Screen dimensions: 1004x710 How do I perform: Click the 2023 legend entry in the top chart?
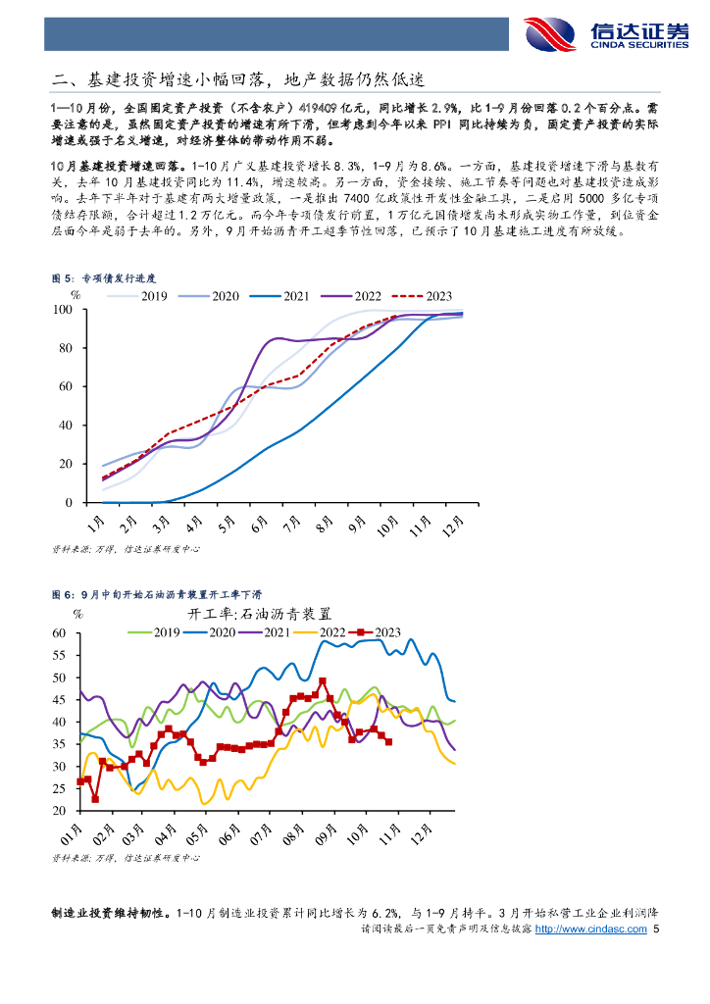pos(432,295)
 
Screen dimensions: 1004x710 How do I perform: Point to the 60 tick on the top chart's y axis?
pos(67,386)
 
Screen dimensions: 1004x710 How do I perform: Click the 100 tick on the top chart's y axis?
pos(63,310)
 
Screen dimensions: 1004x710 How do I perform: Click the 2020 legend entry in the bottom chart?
pos(225,632)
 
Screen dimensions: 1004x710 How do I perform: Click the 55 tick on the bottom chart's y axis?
pos(59,655)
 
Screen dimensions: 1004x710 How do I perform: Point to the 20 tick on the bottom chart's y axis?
pos(59,811)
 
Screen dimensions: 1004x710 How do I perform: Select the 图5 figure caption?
pos(103,278)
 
